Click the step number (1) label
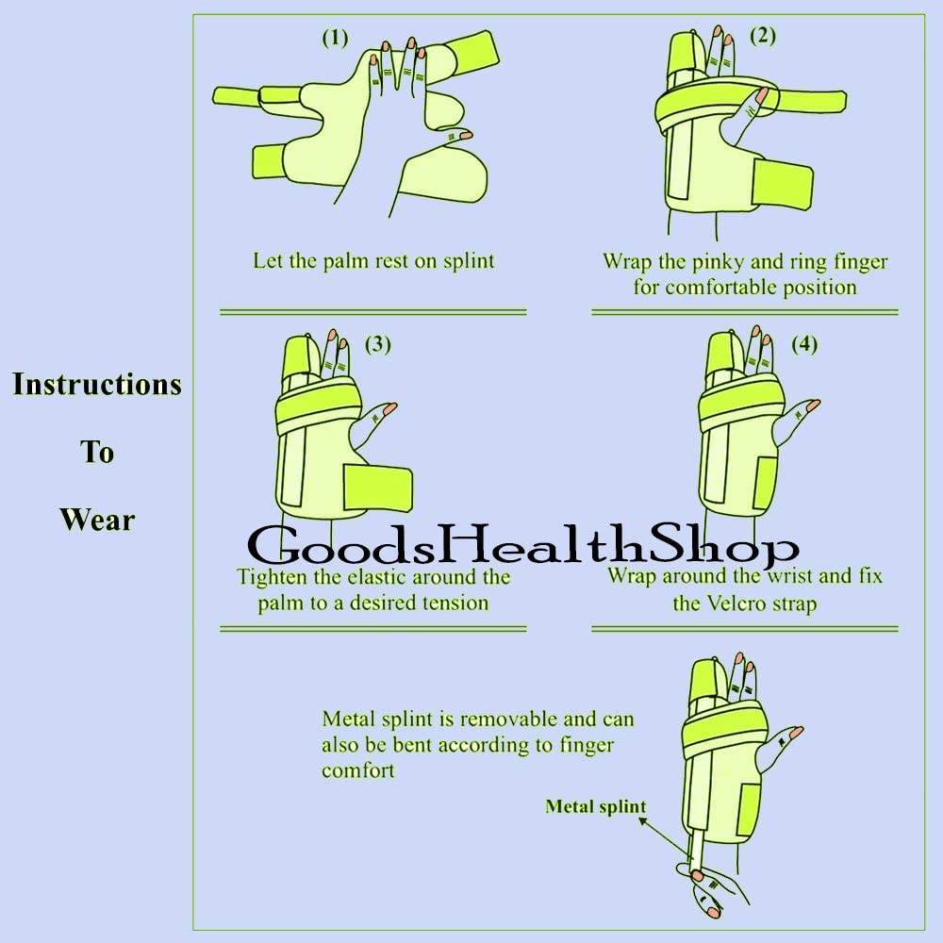(335, 38)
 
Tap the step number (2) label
(762, 36)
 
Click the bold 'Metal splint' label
(596, 806)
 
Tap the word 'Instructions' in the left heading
(96, 385)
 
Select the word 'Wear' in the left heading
(97, 519)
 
